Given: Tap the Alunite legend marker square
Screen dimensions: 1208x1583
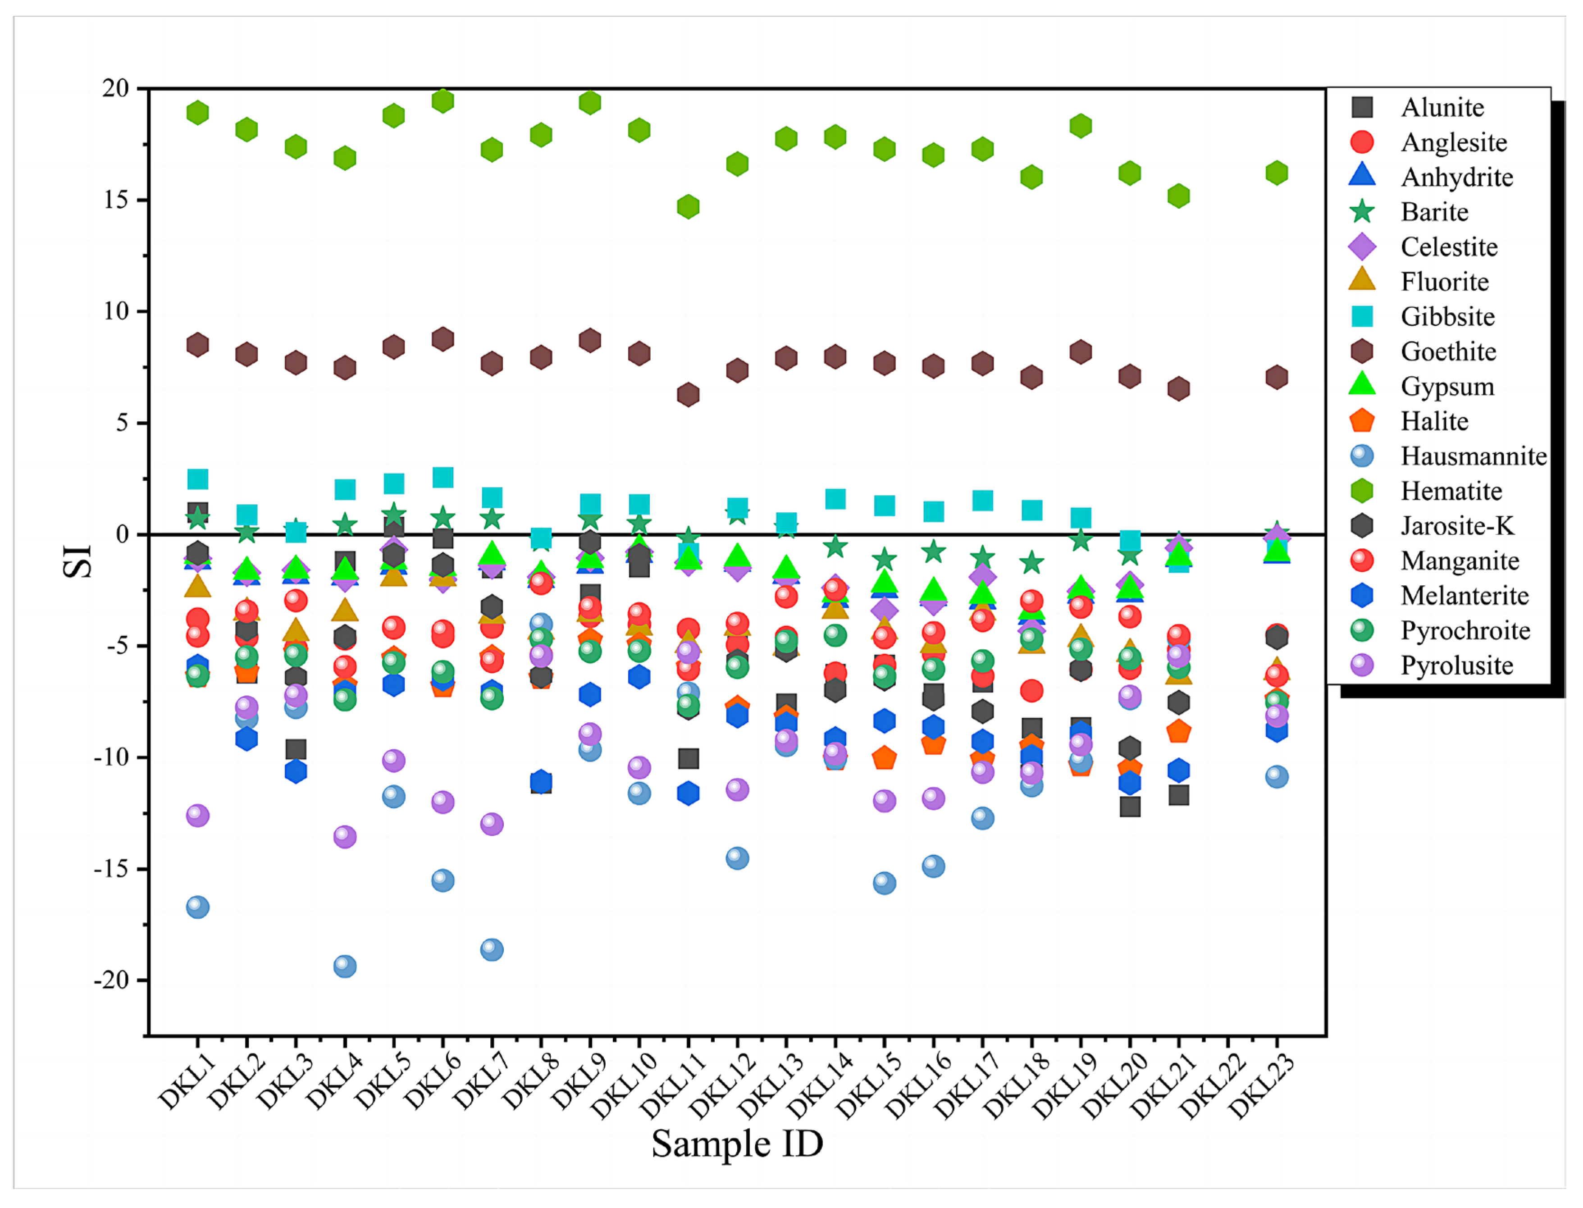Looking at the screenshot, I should pyautogui.click(x=1362, y=107).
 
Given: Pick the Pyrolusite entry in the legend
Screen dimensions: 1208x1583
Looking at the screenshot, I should pyautogui.click(x=1456, y=665).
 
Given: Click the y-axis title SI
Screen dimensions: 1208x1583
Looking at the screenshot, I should pyautogui.click(x=78, y=561).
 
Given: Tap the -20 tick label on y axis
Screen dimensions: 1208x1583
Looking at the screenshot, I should pyautogui.click(x=111, y=980).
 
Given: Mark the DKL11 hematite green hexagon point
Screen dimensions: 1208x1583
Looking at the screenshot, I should pyautogui.click(x=688, y=207).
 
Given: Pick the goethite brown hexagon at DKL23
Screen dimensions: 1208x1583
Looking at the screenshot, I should pyautogui.click(x=1276, y=377).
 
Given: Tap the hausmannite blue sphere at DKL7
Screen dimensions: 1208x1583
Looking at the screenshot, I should pyautogui.click(x=492, y=949).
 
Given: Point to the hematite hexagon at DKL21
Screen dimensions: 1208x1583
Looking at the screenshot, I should pyautogui.click(x=1178, y=196).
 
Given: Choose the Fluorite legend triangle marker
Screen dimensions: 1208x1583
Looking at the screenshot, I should pyautogui.click(x=1362, y=280).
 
